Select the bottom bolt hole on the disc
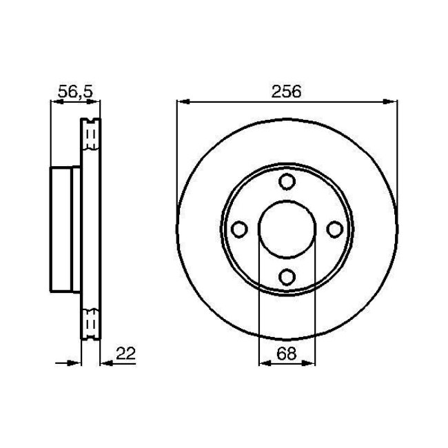(x=287, y=276)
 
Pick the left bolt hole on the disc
(x=239, y=229)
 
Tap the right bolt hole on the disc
(x=334, y=229)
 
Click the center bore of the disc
(x=287, y=229)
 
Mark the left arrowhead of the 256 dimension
(x=183, y=103)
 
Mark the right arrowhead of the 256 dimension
(x=392, y=103)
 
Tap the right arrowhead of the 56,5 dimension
(x=96, y=103)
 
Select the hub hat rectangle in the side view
(x=66, y=229)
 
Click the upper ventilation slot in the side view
(x=91, y=136)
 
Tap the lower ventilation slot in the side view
(x=91, y=323)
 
